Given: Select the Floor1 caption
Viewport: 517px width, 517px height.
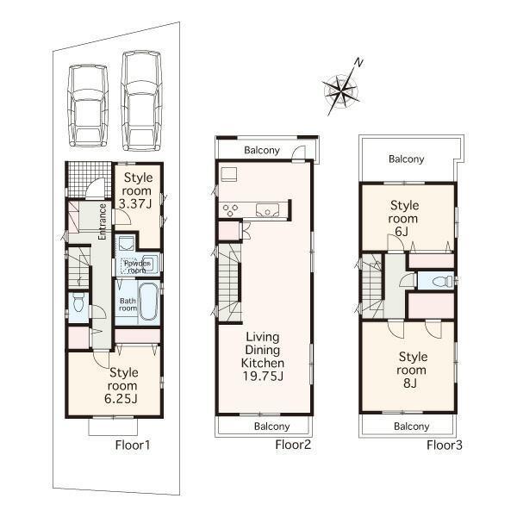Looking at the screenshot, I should pyautogui.click(x=133, y=445).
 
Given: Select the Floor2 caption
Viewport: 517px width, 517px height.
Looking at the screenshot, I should pyautogui.click(x=292, y=445).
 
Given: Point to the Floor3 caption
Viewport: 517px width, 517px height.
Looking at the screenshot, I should pyautogui.click(x=445, y=445).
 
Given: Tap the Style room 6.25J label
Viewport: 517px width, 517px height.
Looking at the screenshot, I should pyautogui.click(x=123, y=385).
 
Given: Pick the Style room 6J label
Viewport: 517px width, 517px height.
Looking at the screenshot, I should pyautogui.click(x=404, y=219).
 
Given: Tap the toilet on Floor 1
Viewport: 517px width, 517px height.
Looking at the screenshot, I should pyautogui.click(x=78, y=303).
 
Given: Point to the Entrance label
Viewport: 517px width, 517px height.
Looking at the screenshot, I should pyautogui.click(x=102, y=221).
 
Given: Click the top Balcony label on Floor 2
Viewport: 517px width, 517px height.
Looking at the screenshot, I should pyautogui.click(x=261, y=151).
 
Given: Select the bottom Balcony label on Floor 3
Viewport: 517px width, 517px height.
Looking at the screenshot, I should pyautogui.click(x=411, y=426).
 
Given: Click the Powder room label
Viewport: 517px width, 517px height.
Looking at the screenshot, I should pyautogui.click(x=137, y=265).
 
